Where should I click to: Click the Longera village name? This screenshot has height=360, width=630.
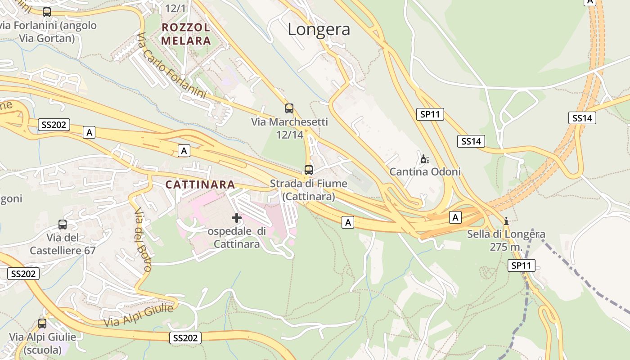(319, 29)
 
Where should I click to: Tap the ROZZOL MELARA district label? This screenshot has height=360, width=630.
(186, 34)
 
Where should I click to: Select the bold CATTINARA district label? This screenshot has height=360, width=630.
(200, 184)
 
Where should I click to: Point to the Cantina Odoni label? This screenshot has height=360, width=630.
(425, 172)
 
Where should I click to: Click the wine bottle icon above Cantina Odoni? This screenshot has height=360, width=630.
(425, 159)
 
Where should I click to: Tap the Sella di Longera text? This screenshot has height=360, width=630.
(506, 234)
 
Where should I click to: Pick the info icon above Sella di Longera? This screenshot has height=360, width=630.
(506, 221)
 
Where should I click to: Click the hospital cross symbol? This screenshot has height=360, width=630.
(236, 218)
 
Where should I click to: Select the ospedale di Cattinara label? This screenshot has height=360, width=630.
(237, 238)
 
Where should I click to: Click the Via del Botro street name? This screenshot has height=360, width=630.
(142, 240)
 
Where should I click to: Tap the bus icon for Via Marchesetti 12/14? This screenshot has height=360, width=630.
(289, 108)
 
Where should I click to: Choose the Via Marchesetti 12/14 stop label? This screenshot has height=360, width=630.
(289, 128)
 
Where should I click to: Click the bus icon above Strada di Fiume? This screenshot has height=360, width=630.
(308, 170)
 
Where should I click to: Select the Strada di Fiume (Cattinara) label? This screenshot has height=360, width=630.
(309, 190)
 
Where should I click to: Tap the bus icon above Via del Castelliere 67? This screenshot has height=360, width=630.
(63, 225)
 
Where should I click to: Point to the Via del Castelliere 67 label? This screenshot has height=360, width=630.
(63, 244)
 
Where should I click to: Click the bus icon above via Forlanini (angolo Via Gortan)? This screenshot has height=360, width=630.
(46, 12)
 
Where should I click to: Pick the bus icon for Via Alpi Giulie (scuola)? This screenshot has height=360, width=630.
(42, 323)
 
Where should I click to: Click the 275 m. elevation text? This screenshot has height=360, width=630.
(506, 247)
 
